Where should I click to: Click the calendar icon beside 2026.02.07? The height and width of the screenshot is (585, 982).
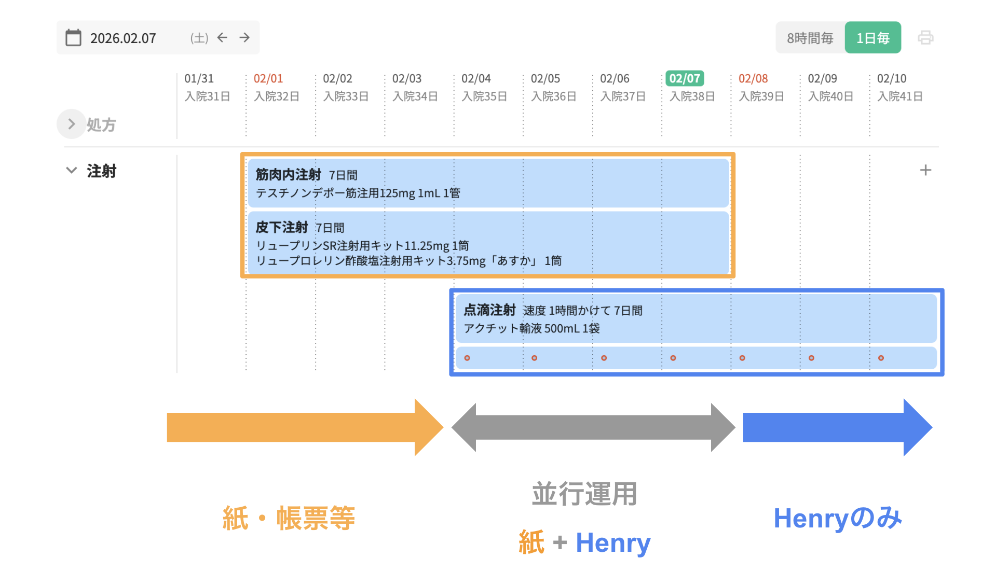pos(73,38)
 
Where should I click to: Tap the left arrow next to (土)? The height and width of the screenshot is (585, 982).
pos(223,37)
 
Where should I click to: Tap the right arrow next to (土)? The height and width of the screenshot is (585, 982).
pos(244,37)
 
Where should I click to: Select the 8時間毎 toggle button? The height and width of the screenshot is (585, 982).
pos(810,38)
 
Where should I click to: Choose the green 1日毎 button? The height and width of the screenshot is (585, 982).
pos(872,38)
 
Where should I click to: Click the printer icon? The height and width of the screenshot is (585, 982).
pos(925,38)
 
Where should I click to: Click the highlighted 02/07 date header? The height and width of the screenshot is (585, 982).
pos(685,78)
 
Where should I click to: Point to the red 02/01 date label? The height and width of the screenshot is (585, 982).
pos(268,78)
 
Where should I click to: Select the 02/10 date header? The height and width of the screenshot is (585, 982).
pos(891,78)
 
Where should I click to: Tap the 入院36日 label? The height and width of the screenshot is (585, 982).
pos(553,96)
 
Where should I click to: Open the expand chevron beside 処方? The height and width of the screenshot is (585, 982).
pos(72,124)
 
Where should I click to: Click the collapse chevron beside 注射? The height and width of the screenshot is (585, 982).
pos(72,170)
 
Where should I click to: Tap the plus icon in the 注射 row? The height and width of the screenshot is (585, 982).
pos(925,170)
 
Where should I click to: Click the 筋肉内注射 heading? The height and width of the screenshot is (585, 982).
pos(288,175)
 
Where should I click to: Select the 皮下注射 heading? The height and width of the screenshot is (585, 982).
pos(282,227)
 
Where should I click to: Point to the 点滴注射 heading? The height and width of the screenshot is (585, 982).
pos(489,310)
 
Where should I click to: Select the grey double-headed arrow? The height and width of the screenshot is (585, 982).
pos(593,427)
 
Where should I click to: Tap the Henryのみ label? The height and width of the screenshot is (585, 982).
pos(837,518)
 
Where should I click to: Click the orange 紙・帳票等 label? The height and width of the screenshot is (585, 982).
pos(289,518)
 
